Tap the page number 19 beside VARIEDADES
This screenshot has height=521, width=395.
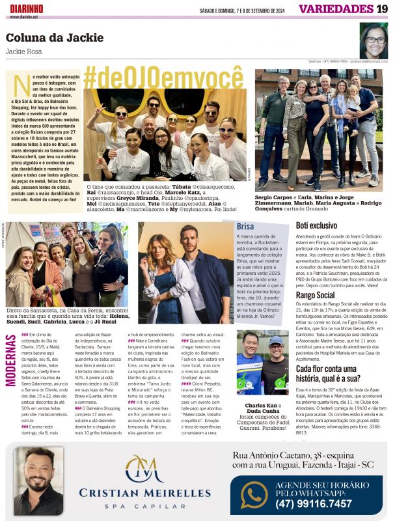tap(382, 8)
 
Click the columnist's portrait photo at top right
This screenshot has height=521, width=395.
tap(374, 40)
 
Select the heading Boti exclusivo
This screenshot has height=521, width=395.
tap(316, 225)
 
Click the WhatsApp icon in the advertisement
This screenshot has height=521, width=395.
tap(254, 494)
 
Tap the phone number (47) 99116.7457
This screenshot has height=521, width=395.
tap(313, 503)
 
